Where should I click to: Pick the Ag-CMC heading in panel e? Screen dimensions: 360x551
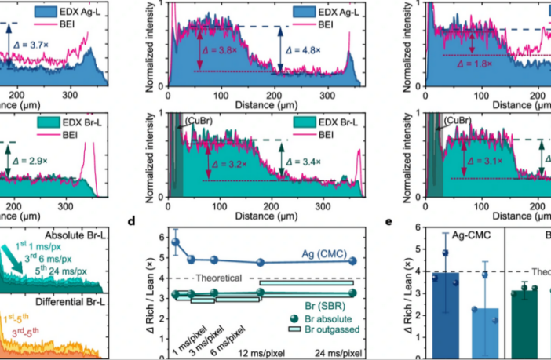pyautogui.click(x=459, y=235)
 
